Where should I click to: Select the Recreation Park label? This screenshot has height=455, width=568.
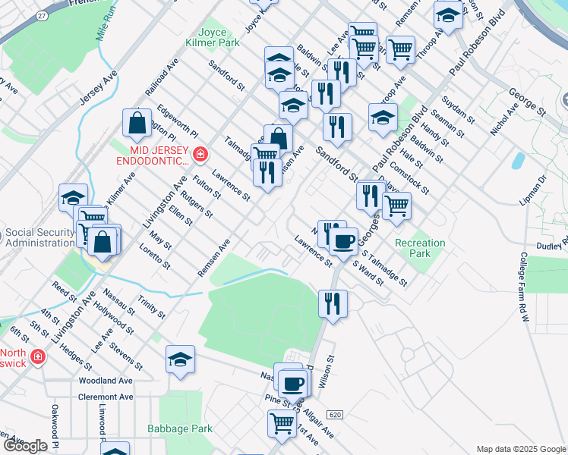tap(420, 248)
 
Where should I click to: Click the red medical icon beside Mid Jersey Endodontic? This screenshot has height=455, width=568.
tap(200, 155)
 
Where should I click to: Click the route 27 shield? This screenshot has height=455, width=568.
tap(40, 14)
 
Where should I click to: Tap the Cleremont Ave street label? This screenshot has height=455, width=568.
tap(106, 397)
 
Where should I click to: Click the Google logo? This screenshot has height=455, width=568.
tap(25, 446)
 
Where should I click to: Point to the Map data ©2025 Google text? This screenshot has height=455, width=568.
tap(520, 449)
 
